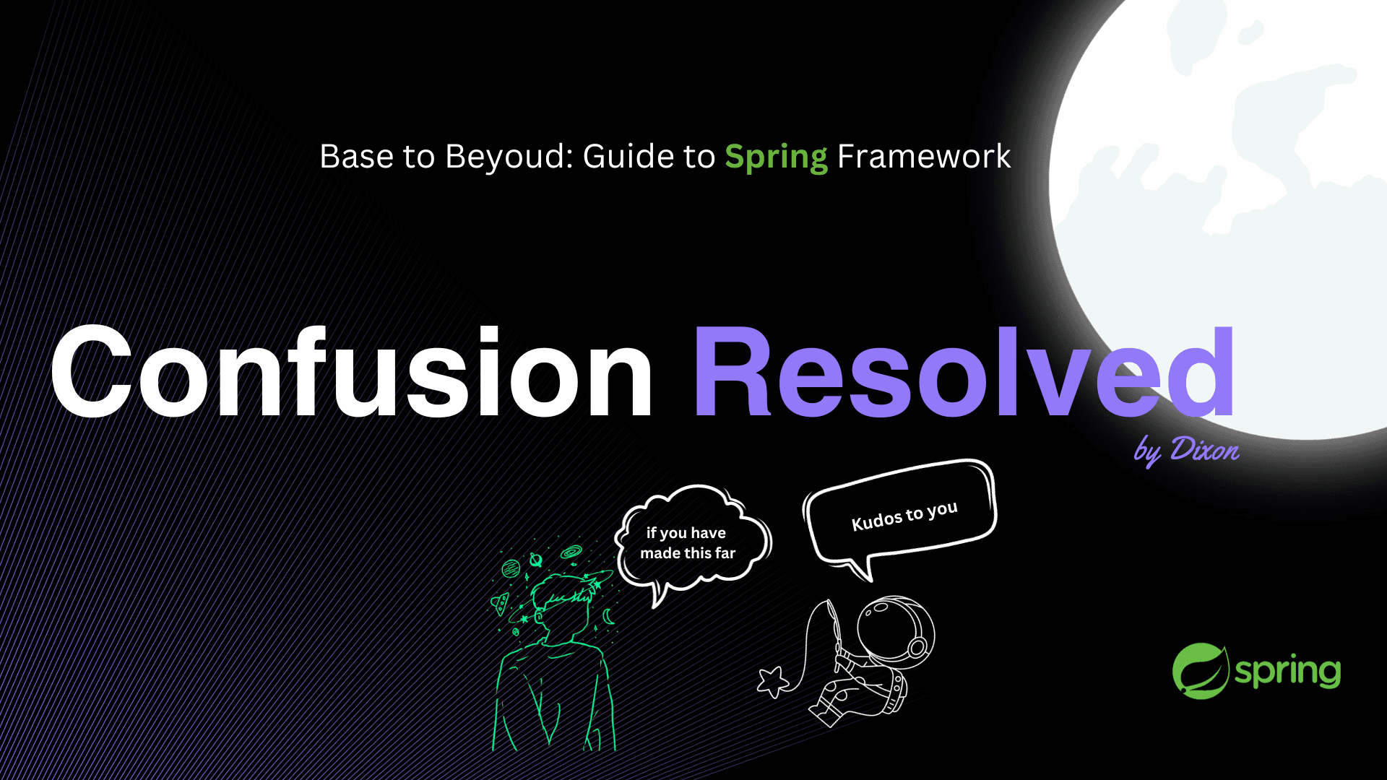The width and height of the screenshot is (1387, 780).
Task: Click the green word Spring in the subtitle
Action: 776,157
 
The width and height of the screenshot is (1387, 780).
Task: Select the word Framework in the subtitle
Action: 924,156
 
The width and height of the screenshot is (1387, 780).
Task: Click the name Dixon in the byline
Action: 1205,449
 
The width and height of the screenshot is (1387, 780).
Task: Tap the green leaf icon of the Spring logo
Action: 1200,671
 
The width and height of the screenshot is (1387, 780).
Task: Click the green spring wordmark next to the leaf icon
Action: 1287,672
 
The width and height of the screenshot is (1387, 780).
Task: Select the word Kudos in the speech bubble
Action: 877,519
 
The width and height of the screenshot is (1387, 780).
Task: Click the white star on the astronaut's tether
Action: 772,681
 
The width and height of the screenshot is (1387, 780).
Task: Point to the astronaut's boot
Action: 824,715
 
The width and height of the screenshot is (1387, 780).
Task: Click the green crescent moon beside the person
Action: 608,616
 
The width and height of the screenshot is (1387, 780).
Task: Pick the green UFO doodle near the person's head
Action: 500,602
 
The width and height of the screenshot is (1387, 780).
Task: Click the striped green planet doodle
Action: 511,568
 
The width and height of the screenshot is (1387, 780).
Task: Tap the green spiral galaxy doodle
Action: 571,552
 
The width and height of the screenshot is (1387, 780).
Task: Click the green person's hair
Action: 563,592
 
